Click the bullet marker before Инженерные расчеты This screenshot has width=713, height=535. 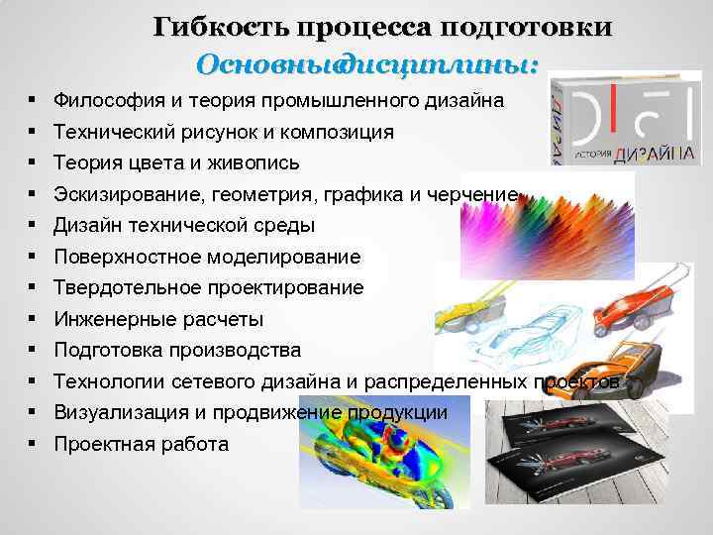[34, 319]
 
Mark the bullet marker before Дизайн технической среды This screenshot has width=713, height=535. [34, 225]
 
